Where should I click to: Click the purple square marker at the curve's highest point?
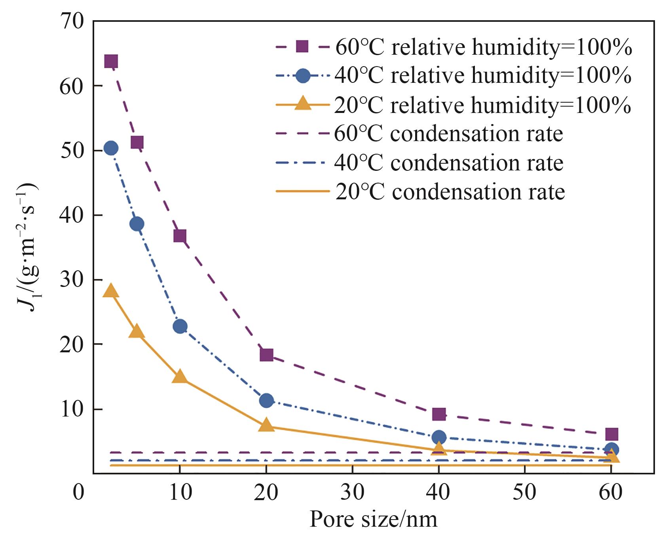click(x=111, y=61)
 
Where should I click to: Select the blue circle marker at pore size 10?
click(x=180, y=326)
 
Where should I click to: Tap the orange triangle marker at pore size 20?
click(x=266, y=425)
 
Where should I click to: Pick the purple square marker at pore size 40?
click(x=439, y=414)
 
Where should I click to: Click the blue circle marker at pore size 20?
click(x=266, y=400)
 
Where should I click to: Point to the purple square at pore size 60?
click(x=611, y=434)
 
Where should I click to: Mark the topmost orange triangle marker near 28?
click(x=111, y=291)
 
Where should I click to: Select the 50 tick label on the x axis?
click(x=525, y=492)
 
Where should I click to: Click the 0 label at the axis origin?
click(x=79, y=492)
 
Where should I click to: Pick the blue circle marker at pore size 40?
click(x=439, y=438)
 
